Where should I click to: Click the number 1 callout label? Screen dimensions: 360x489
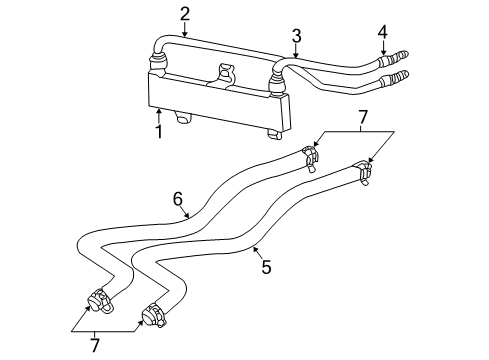[x=157, y=132]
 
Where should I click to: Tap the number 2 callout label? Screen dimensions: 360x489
[x=184, y=13]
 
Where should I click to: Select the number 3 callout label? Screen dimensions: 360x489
[x=296, y=36]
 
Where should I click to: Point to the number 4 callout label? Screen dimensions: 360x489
[x=381, y=32]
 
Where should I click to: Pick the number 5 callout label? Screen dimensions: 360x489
[x=266, y=268]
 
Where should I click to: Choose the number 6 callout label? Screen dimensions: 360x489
[x=178, y=199]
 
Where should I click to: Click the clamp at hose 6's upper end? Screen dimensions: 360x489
[x=309, y=154]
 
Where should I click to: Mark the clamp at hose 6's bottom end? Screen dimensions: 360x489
[x=100, y=301]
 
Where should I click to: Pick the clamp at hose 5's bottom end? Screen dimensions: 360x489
[x=153, y=316]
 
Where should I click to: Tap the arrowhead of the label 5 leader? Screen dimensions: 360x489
[x=252, y=246]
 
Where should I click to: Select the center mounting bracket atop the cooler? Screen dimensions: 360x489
[x=224, y=74]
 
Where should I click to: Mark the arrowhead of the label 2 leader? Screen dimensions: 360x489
[x=184, y=36]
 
